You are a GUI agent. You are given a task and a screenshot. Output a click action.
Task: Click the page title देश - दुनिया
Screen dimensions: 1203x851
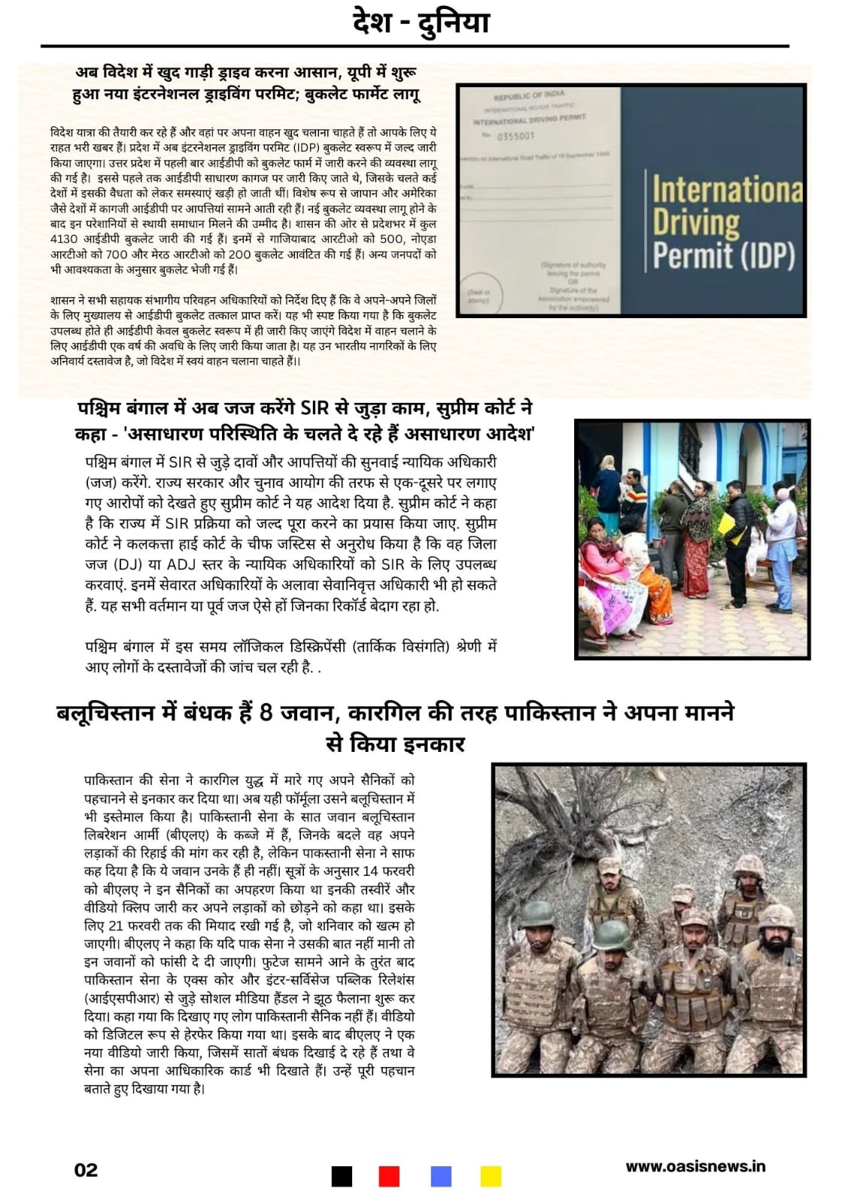(x=421, y=23)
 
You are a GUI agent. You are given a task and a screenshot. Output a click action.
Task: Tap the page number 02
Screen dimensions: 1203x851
(x=86, y=1170)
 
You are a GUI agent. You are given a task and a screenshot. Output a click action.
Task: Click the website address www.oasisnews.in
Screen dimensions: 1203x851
(x=695, y=1166)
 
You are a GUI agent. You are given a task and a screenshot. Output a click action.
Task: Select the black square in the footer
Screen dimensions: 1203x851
(x=342, y=1176)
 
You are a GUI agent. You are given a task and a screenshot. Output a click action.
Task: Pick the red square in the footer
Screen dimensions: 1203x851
(x=389, y=1176)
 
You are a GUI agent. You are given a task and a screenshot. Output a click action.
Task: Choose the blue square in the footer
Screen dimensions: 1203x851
(x=441, y=1176)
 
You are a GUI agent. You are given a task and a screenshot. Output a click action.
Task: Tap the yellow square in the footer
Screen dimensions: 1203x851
(x=491, y=1176)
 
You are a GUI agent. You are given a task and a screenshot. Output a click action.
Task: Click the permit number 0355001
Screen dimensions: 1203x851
(x=516, y=136)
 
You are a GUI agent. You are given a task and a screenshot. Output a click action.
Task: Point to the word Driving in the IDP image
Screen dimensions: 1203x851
(x=696, y=223)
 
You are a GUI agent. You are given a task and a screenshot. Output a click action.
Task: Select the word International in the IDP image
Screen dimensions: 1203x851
(x=727, y=189)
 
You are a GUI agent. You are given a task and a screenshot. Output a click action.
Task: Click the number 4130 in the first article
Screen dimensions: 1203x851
(x=65, y=239)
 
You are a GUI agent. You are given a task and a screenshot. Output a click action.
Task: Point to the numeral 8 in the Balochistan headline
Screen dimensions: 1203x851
(x=266, y=711)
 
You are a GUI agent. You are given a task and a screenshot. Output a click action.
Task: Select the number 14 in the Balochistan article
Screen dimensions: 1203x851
(x=370, y=871)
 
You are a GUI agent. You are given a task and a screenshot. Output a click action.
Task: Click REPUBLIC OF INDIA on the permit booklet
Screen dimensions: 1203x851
(x=528, y=96)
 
